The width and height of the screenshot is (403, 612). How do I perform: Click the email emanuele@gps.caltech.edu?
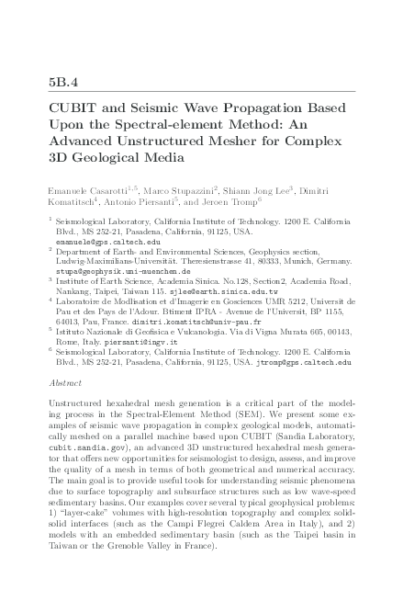102,242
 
